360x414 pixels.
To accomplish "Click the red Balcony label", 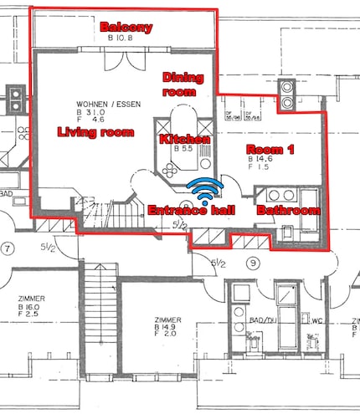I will pyautogui.click(x=126, y=28).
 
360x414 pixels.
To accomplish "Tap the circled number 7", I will pyautogui.click(x=9, y=248).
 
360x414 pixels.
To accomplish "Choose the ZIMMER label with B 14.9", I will pyautogui.click(x=168, y=319).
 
